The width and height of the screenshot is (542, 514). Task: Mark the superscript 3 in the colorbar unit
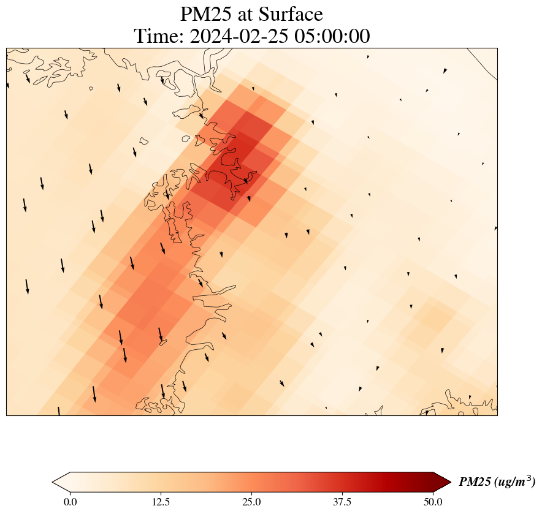click(530, 478)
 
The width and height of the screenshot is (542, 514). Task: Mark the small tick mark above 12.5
click(161, 494)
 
